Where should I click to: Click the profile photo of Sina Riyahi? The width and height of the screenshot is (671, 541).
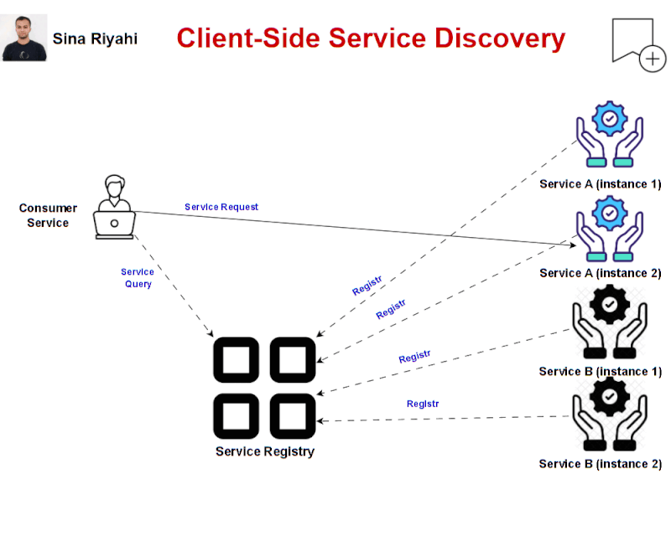pos(24,39)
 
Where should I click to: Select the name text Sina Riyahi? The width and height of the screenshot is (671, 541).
pos(95,39)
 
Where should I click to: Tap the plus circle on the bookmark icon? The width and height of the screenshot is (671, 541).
pos(652,59)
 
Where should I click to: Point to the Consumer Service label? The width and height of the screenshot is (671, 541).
pos(48,215)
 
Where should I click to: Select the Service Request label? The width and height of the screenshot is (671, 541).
pos(221,207)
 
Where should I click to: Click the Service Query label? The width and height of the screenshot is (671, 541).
pos(138,278)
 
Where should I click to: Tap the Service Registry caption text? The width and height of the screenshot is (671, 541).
pos(265,451)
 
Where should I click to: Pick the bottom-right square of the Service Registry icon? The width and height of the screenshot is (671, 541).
pos(292,415)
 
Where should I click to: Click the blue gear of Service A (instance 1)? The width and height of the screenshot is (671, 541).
pos(610,119)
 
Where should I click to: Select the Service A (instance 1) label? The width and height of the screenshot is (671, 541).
pos(600,184)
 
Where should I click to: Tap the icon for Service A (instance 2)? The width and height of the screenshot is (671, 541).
pos(610,230)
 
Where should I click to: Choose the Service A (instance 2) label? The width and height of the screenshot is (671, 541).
pos(600,273)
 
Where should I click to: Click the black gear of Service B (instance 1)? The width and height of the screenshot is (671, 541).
pos(610,303)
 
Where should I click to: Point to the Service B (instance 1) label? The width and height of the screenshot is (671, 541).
pos(600,371)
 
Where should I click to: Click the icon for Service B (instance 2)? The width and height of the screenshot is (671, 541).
pos(610,415)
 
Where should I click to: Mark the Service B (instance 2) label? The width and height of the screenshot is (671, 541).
pos(600,464)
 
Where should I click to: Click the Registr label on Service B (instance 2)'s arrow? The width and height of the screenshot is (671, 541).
pos(423,404)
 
